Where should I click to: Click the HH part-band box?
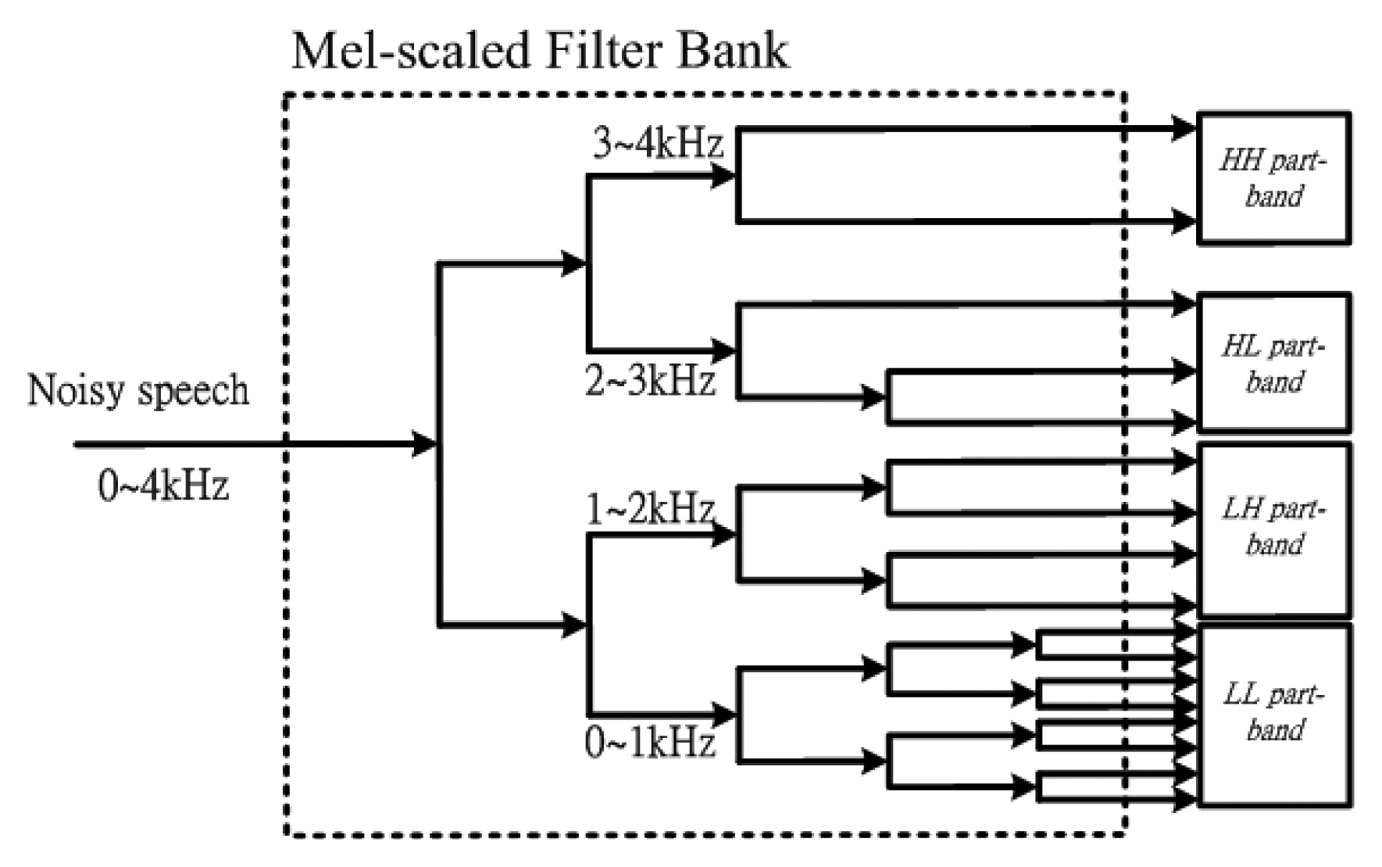click(1273, 178)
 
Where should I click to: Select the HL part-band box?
click(1273, 363)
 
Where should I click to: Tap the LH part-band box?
click(1273, 529)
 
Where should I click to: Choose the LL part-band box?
click(1273, 714)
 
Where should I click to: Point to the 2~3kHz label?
click(650, 382)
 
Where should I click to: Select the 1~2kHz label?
click(650, 510)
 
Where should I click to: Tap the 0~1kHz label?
click(650, 743)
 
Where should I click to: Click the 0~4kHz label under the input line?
click(163, 486)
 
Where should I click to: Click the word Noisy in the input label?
click(75, 390)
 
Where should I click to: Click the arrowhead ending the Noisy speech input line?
click(424, 444)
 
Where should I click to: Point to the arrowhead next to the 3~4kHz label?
click(723, 176)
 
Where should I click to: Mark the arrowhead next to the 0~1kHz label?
click(723, 714)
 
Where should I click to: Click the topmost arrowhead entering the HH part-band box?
click(1184, 127)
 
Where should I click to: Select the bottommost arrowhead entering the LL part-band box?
click(1184, 798)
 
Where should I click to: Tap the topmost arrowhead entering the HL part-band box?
click(1184, 303)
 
